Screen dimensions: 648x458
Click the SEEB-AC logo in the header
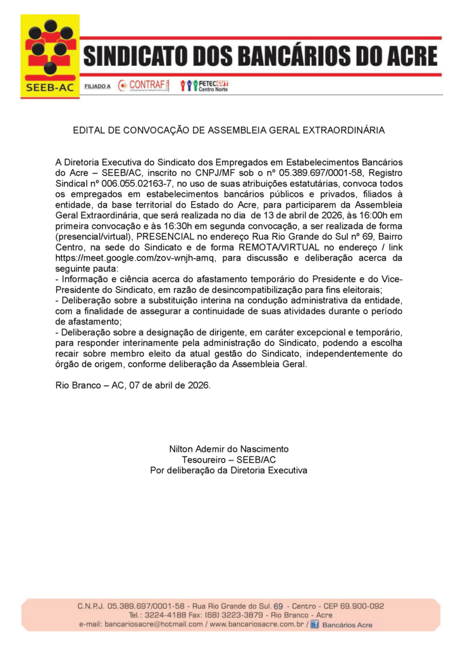pos(50,56)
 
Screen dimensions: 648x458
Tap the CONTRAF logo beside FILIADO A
pos(144,85)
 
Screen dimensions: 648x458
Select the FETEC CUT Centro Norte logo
pos(204,85)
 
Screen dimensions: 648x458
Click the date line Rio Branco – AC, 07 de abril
pos(133,385)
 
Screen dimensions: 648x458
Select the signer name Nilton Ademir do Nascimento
pos(228,449)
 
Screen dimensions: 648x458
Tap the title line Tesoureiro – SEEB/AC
pos(228,459)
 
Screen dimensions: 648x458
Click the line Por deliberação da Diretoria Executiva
pos(228,470)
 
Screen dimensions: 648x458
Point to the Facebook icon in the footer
pos(314,625)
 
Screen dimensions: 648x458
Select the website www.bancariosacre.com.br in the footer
pos(256,625)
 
